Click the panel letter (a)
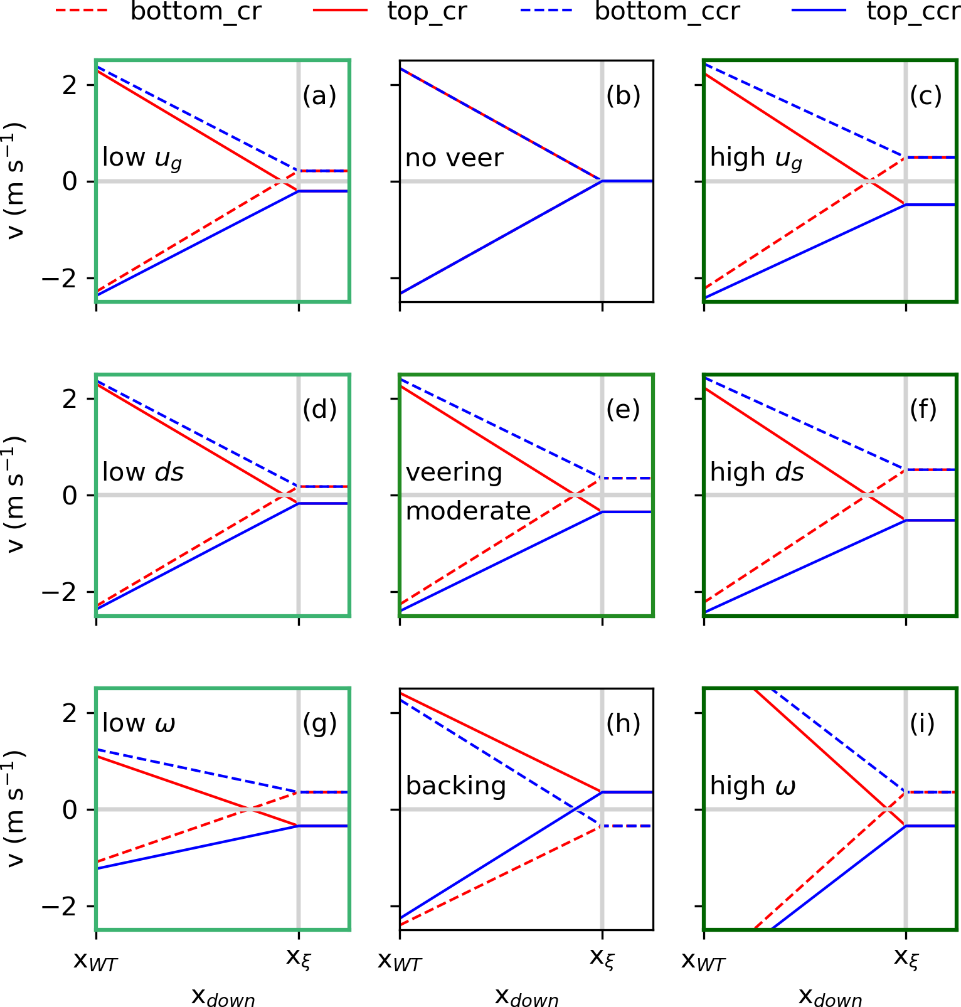[x=319, y=96]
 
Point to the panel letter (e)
[x=623, y=410]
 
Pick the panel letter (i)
[x=922, y=724]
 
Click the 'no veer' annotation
[x=454, y=158]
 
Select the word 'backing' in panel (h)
[x=456, y=786]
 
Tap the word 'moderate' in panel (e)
[x=469, y=511]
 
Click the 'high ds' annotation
[x=757, y=472]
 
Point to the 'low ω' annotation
[x=139, y=723]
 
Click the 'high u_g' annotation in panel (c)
[x=756, y=159]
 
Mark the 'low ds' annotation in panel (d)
[x=143, y=472]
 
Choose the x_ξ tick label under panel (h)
[x=602, y=959]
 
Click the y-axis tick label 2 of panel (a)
[x=70, y=85]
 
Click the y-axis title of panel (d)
[x=15, y=495]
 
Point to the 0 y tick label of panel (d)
[x=70, y=496]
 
